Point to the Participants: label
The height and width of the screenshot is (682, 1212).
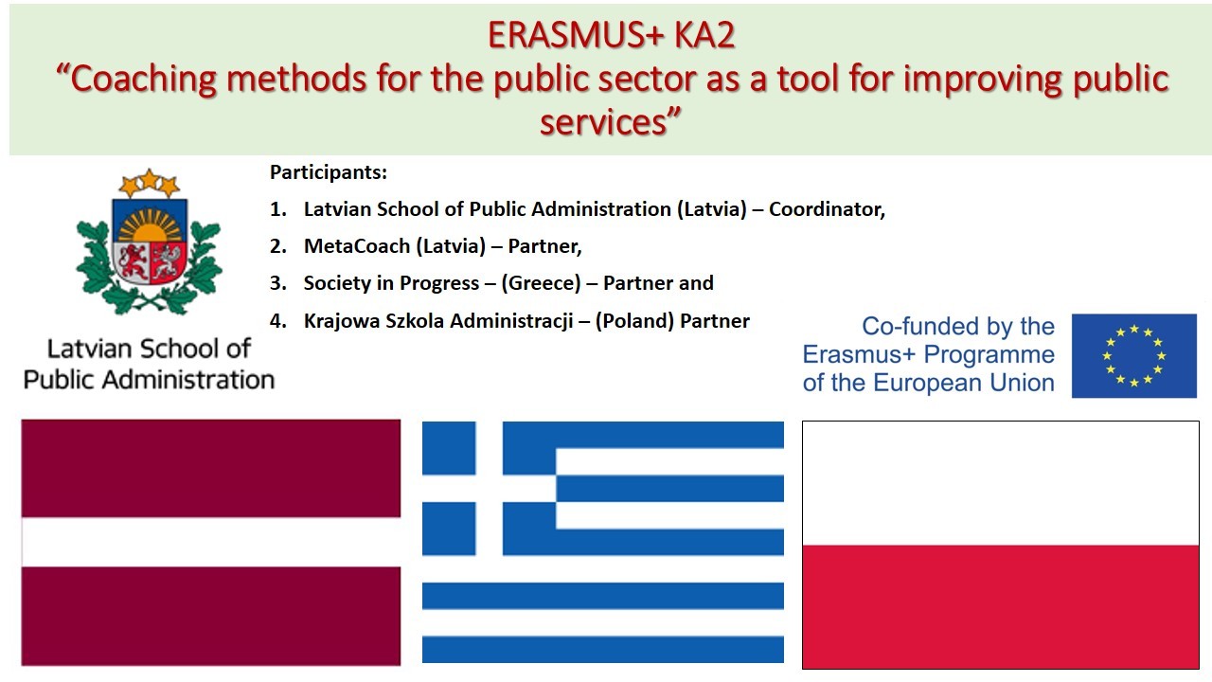329,172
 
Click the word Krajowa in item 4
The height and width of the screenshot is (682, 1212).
339,321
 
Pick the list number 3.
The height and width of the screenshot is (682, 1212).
276,283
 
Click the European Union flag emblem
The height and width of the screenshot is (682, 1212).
1133,356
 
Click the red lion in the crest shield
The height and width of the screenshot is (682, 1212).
132,260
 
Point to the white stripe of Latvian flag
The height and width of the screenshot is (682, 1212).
210,542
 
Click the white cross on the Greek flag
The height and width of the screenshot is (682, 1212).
489,488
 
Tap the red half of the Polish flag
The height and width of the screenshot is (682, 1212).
1000,606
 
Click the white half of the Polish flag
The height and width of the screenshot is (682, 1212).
1000,483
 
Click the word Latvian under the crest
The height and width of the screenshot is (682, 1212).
85,349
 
